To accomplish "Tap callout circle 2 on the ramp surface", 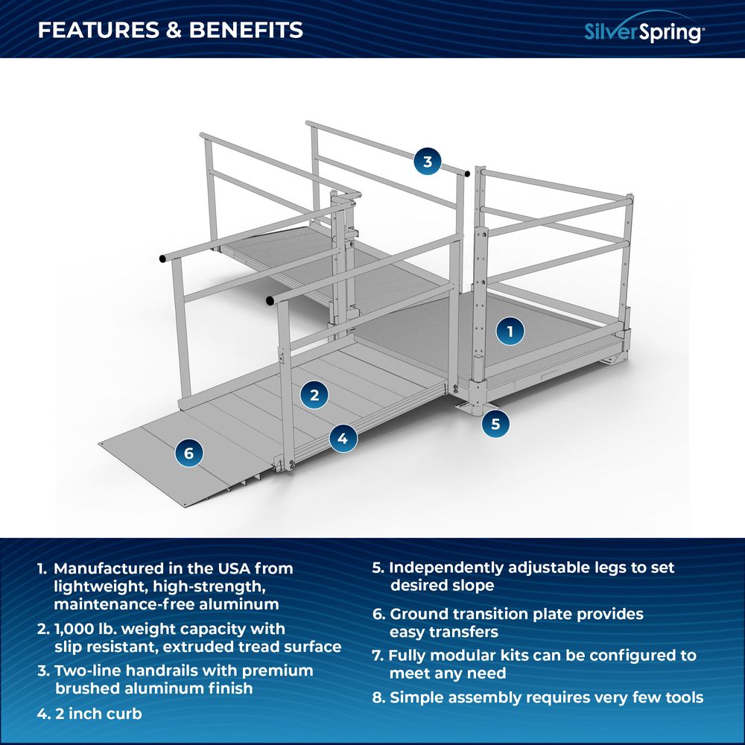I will (x=314, y=395).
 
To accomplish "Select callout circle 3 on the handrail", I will (x=427, y=162).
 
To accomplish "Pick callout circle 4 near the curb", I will (x=342, y=439).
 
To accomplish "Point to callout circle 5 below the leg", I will (x=495, y=424).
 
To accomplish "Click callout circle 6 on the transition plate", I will (x=188, y=452).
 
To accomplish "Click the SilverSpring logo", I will (x=643, y=31).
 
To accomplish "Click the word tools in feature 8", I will (x=679, y=698).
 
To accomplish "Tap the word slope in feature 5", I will (x=474, y=586).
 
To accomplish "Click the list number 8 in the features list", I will (x=378, y=698).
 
